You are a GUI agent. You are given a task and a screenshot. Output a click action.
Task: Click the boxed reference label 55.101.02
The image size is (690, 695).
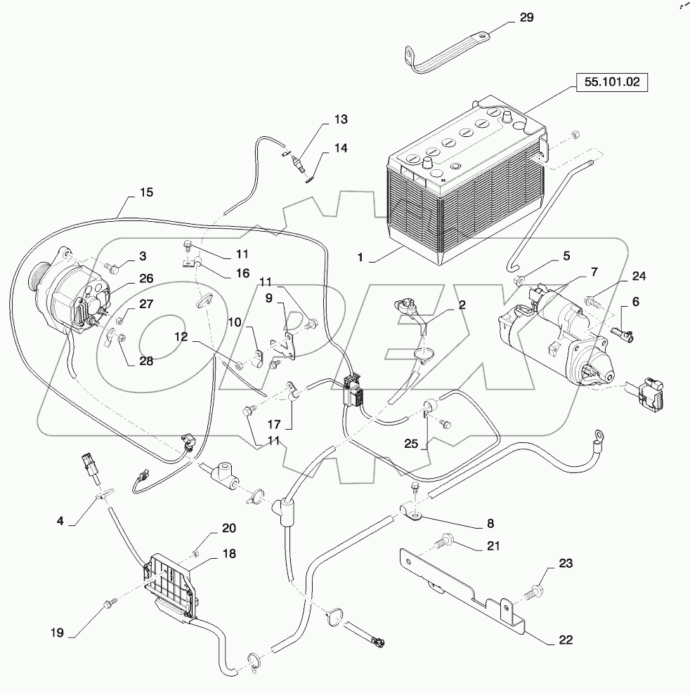tap(610, 82)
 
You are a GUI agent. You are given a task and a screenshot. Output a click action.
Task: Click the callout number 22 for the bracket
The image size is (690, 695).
tap(565, 640)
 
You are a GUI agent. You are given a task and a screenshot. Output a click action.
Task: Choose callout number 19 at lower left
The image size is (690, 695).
tap(56, 633)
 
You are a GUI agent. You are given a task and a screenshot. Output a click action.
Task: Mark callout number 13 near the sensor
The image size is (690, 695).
tap(340, 119)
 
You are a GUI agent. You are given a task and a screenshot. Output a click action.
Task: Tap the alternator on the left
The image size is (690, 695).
tap(70, 295)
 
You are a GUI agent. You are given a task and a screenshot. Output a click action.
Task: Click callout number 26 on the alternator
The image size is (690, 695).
tap(145, 278)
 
